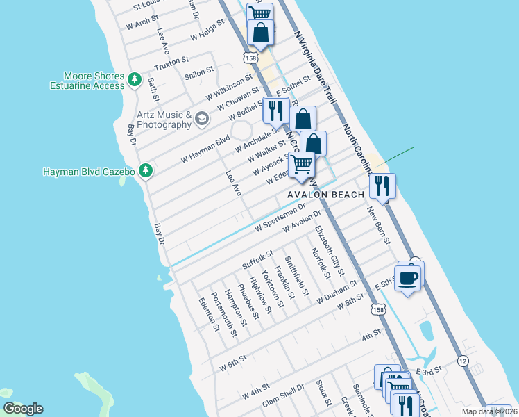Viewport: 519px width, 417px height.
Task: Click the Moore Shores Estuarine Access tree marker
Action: tap(135, 81)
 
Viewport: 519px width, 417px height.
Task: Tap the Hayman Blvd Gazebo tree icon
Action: tap(145, 170)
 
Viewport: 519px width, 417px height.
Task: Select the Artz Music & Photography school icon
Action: tap(201, 119)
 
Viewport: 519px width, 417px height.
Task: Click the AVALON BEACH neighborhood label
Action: tap(326, 195)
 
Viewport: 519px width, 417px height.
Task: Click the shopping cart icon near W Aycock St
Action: tap(301, 165)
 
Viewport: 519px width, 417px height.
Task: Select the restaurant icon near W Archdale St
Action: tap(276, 111)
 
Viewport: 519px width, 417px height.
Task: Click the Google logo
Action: tap(23, 409)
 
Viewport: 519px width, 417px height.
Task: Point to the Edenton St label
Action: tap(209, 314)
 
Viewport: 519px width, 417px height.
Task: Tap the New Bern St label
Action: tap(379, 224)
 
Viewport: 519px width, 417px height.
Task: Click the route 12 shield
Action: tap(463, 361)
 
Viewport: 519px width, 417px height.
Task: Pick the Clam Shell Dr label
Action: tap(283, 394)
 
